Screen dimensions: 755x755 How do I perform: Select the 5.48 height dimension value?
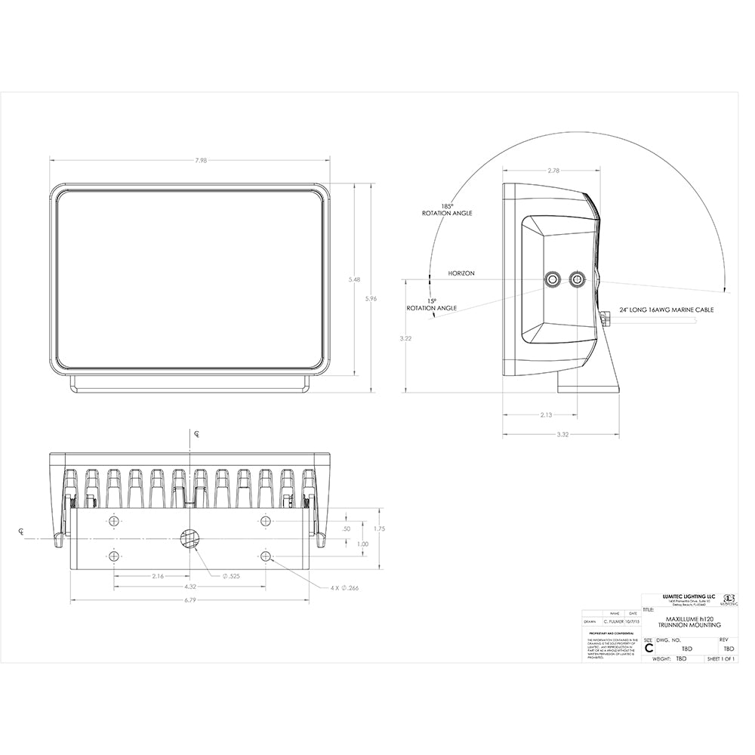354,279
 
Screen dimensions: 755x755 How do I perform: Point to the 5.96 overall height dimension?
371,299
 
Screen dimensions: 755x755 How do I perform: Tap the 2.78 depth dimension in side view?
553,171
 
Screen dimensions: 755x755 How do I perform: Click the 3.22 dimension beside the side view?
406,338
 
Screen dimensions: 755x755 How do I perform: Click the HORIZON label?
461,273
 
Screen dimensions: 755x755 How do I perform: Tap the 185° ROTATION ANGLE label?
447,210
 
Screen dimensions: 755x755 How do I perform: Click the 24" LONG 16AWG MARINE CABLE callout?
667,310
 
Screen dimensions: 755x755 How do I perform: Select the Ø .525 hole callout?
231,576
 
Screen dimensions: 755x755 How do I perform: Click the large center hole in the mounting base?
190,538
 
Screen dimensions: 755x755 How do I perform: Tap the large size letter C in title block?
649,647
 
